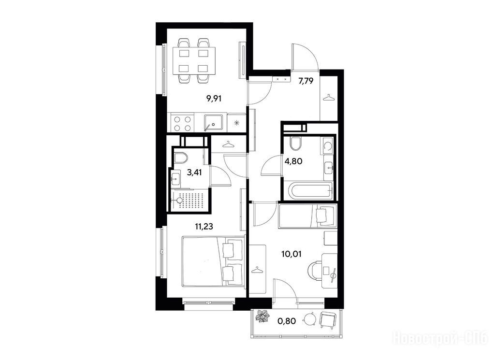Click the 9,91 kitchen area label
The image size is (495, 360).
(x=214, y=99)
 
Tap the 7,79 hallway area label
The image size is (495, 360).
(x=306, y=81)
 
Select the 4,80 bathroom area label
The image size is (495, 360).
(x=293, y=161)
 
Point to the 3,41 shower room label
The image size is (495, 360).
(x=194, y=173)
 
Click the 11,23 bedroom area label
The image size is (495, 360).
(x=204, y=226)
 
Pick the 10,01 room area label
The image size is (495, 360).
(x=291, y=254)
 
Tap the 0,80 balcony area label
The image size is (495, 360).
(x=287, y=321)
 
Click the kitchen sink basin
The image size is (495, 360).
(x=213, y=123)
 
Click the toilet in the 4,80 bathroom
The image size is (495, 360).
(x=296, y=144)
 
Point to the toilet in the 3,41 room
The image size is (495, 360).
(x=181, y=158)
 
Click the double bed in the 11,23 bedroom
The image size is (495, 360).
(x=213, y=261)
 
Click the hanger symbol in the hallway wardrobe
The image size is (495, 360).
(x=329, y=98)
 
